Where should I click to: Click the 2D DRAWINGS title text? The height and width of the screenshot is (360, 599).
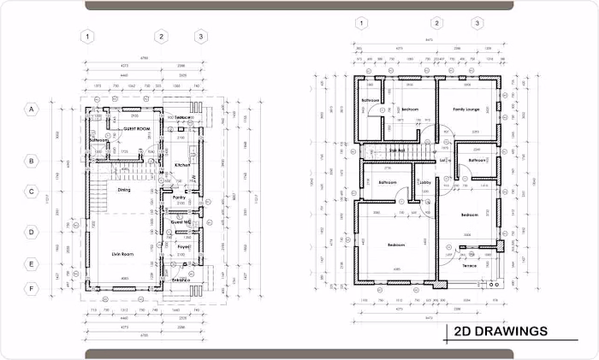[x=501, y=331]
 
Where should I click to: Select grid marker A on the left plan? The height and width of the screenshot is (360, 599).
[x=31, y=109]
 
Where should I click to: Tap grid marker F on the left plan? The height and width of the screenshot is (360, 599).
[x=31, y=288]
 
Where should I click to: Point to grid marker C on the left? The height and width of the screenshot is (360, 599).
[x=31, y=192]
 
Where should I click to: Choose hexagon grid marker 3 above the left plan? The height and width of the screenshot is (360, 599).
[x=200, y=36]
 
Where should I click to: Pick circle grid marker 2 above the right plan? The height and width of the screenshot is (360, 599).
[x=437, y=23]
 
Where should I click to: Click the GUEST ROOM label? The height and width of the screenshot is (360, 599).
[x=137, y=128]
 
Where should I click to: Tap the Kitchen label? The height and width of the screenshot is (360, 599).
[x=182, y=165]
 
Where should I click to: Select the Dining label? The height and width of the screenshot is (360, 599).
[x=124, y=190]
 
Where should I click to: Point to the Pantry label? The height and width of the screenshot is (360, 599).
[x=180, y=198]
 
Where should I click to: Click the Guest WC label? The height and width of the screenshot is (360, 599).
[x=181, y=222]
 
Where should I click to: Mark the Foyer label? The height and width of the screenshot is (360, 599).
[x=182, y=247]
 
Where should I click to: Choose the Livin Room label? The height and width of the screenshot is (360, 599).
[x=125, y=254]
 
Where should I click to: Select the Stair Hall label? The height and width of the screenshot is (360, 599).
[x=397, y=150]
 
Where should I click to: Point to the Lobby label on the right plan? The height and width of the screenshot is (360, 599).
[x=425, y=182]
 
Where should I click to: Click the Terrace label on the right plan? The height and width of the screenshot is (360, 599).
[x=470, y=265]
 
